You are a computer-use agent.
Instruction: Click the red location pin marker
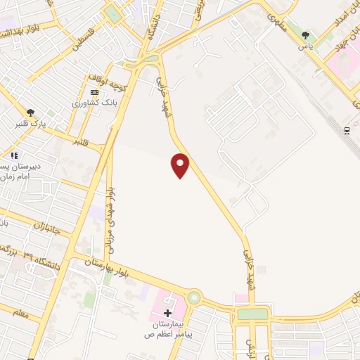click(181, 165)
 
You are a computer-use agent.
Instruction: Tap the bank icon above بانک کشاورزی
click(95, 92)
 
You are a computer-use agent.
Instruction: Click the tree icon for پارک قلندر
click(30, 112)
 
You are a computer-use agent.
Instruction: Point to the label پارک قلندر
click(30, 124)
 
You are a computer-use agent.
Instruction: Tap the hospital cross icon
click(167, 313)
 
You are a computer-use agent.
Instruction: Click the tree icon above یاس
click(305, 35)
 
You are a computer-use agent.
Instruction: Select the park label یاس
click(305, 46)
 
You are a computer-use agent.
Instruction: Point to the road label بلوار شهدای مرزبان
click(109, 211)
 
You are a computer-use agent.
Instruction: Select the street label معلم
click(22, 314)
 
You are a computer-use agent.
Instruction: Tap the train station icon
click(347, 130)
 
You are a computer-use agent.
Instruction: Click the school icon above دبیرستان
click(13, 155)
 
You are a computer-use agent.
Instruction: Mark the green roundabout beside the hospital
click(193, 298)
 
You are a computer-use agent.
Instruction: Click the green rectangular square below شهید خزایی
click(252, 314)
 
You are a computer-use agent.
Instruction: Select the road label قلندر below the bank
click(83, 141)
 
